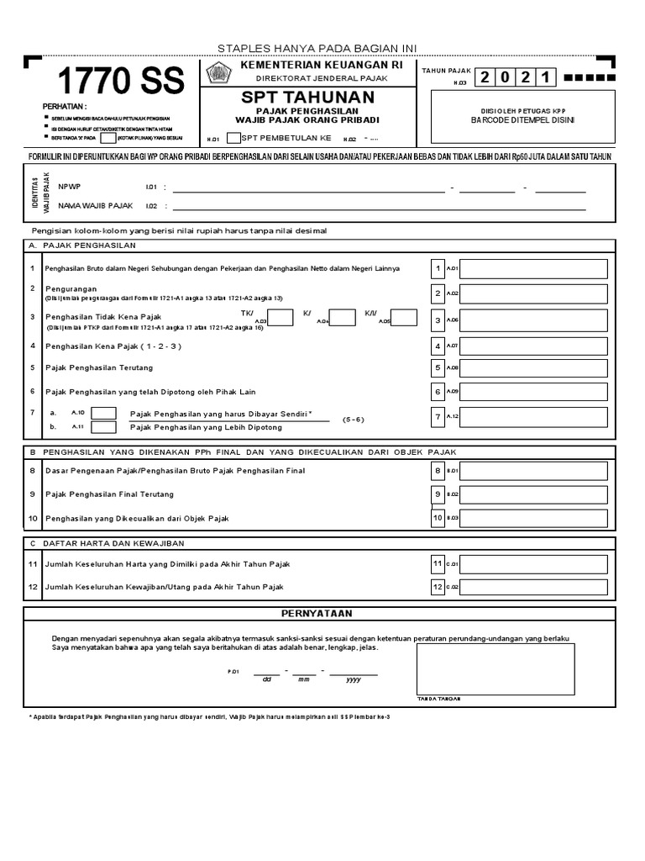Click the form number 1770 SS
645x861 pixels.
[120, 82]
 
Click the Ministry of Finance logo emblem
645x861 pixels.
[218, 74]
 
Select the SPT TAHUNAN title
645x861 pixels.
[307, 98]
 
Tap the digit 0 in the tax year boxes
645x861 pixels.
[506, 78]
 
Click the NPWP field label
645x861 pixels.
[70, 187]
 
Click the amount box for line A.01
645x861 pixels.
[533, 269]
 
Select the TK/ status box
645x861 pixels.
[281, 318]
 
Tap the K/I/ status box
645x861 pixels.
[404, 318]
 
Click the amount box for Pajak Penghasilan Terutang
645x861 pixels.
[533, 367]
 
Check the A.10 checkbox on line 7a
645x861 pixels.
[103, 413]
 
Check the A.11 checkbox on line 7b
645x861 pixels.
[103, 427]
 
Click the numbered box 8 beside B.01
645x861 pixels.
[438, 471]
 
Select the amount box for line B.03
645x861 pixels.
[533, 518]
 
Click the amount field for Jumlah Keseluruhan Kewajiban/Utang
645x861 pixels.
[533, 587]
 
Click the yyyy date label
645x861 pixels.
[354, 679]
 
